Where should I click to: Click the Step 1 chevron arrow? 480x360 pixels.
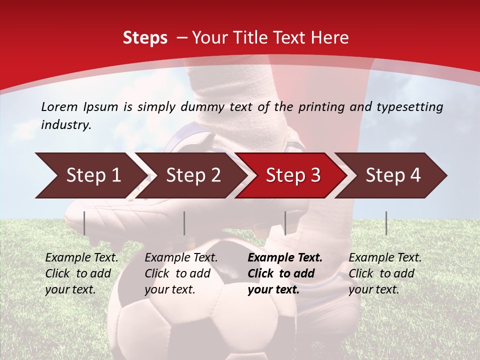90,175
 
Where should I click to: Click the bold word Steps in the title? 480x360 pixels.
145,38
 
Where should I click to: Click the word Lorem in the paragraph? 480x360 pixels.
59,106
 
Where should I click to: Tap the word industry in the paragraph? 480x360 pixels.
65,124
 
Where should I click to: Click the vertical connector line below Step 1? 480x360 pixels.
84,223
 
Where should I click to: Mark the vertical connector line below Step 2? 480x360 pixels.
184,223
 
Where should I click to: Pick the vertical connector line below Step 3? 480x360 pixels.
285,223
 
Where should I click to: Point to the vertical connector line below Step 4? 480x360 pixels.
386,223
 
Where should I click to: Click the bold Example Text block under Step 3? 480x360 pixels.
285,273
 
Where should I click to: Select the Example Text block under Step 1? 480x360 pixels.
81,273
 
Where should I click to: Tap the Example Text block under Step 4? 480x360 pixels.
385,273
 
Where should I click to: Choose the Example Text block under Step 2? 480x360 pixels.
181,273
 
